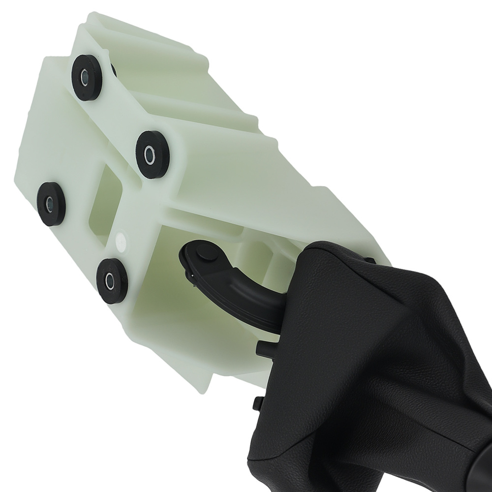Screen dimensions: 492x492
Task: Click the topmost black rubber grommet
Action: click(x=87, y=77)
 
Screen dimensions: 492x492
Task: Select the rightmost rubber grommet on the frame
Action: click(x=152, y=154)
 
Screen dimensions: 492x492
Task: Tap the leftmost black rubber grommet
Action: click(x=51, y=203)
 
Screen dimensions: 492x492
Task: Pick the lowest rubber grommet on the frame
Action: click(x=112, y=280)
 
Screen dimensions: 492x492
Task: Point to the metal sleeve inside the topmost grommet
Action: click(x=86, y=77)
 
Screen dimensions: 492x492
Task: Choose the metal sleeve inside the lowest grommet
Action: click(x=110, y=281)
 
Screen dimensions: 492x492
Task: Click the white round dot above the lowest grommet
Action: click(x=120, y=241)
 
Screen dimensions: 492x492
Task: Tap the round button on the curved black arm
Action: click(x=202, y=254)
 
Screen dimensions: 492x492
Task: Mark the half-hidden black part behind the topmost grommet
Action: click(x=114, y=70)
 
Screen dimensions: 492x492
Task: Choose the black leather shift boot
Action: click(x=374, y=374)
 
